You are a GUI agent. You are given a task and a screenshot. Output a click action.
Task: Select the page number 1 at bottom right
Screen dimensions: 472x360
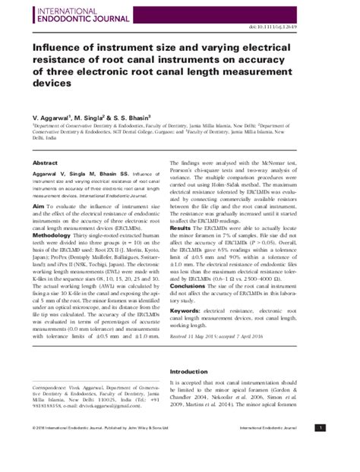(x=342, y=450)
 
